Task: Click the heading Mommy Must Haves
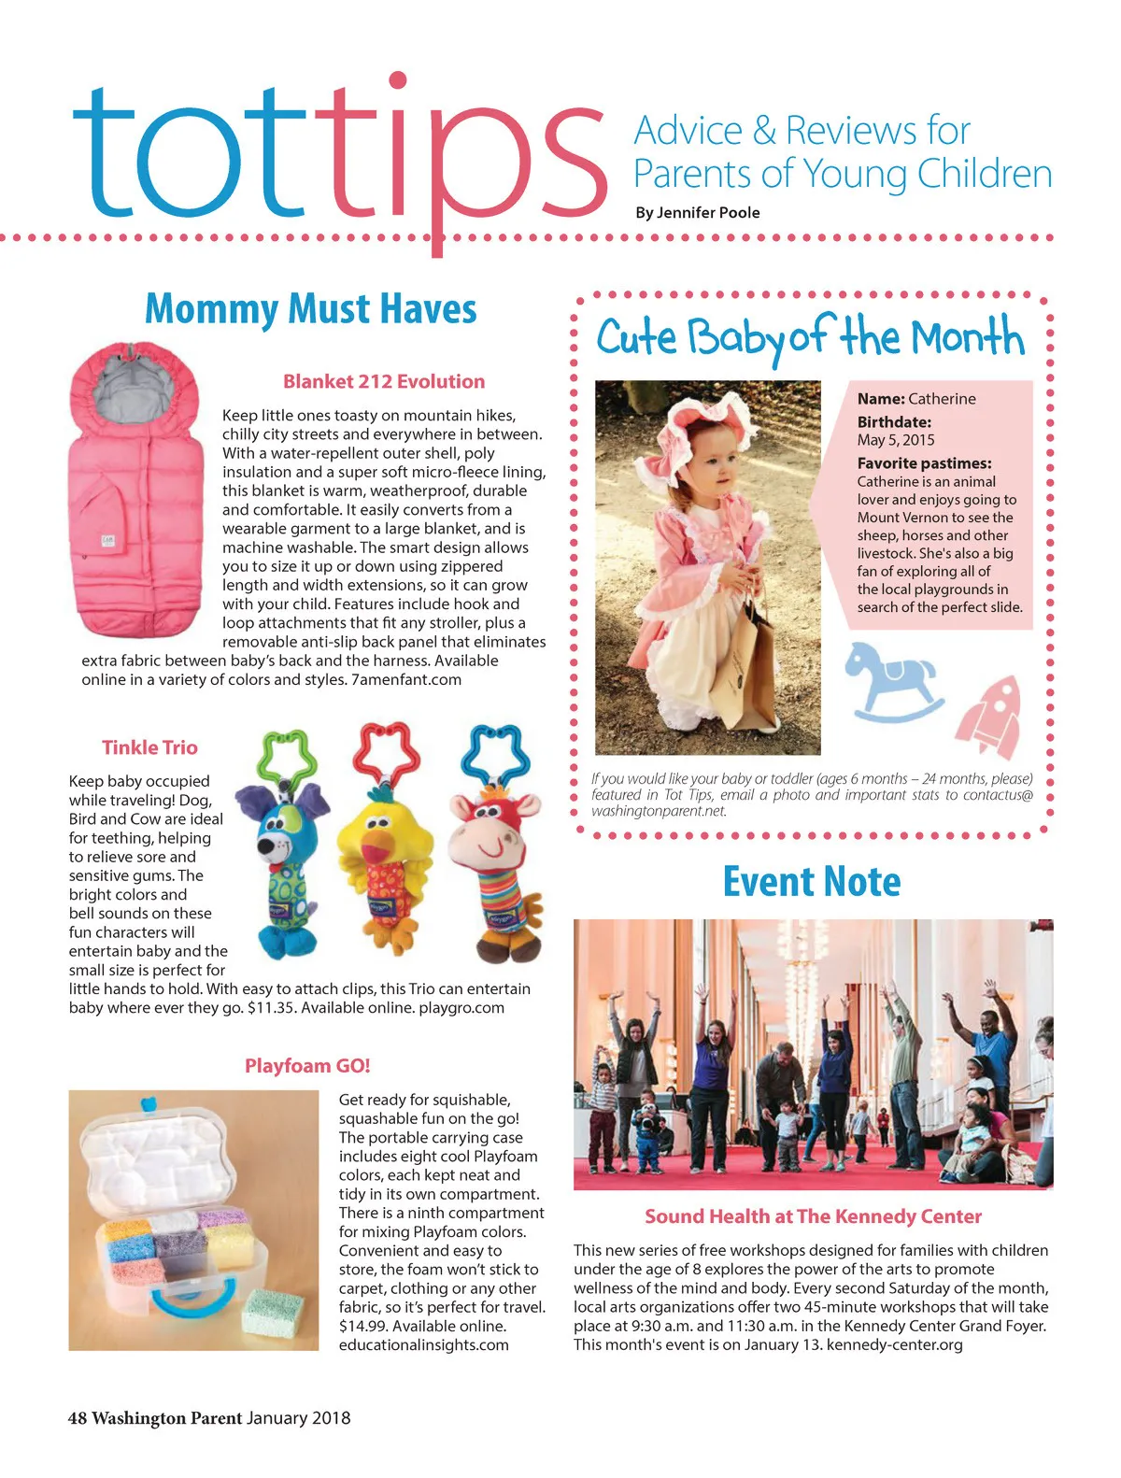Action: click(310, 309)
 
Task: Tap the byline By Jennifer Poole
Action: click(697, 213)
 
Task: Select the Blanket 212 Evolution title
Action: click(384, 381)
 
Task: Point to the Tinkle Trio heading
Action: click(149, 747)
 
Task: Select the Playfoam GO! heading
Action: click(307, 1066)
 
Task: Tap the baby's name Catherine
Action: click(942, 399)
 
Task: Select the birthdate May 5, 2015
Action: click(896, 440)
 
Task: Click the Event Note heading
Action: click(812, 882)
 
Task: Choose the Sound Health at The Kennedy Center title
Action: click(813, 1216)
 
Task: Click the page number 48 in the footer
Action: click(77, 1418)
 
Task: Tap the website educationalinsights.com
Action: click(423, 1345)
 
